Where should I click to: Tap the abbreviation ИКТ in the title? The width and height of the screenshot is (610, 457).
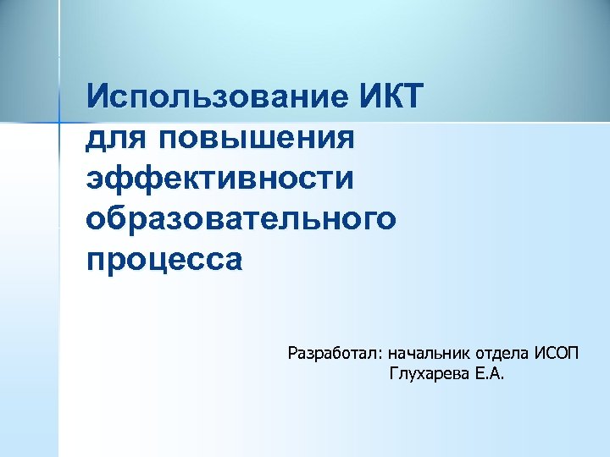click(390, 96)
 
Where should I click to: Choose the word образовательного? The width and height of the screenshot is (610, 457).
click(241, 218)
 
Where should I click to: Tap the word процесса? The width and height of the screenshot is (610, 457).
click(164, 258)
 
